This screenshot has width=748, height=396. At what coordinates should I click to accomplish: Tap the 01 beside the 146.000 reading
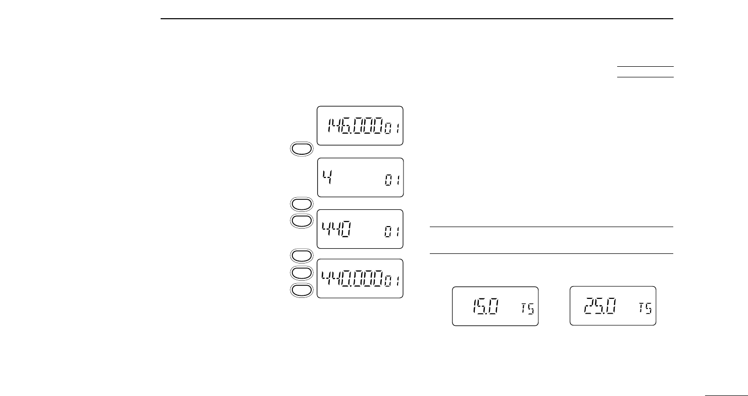(392, 129)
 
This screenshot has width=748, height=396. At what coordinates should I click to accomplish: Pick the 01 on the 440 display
(392, 234)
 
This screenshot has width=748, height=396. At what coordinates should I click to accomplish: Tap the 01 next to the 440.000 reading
(392, 282)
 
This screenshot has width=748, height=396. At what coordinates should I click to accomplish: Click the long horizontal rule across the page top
(417, 19)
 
